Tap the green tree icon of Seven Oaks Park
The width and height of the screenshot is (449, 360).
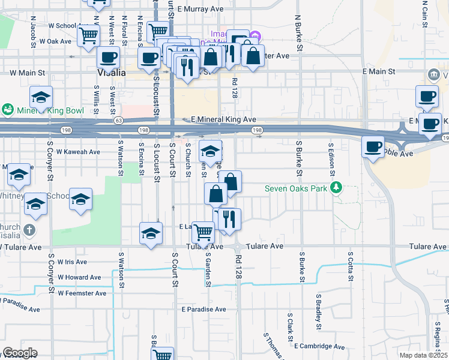click(x=336, y=188)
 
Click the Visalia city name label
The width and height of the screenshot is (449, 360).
click(x=112, y=73)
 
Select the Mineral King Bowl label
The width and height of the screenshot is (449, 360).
click(x=44, y=110)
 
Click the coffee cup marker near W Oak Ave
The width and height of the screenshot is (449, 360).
click(x=108, y=58)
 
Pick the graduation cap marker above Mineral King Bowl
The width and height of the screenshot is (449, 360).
click(x=41, y=97)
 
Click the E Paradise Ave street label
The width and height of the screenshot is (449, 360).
click(x=202, y=309)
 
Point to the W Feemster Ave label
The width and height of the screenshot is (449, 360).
click(x=82, y=293)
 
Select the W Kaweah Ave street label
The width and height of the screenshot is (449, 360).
click(x=78, y=152)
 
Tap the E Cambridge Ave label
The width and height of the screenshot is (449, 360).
click(x=319, y=346)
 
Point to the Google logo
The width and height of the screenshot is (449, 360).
click(x=20, y=353)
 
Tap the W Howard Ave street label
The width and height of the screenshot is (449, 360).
click(x=79, y=278)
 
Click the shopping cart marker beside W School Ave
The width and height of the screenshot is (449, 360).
click(x=88, y=35)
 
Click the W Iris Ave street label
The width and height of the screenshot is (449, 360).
click(x=73, y=262)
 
